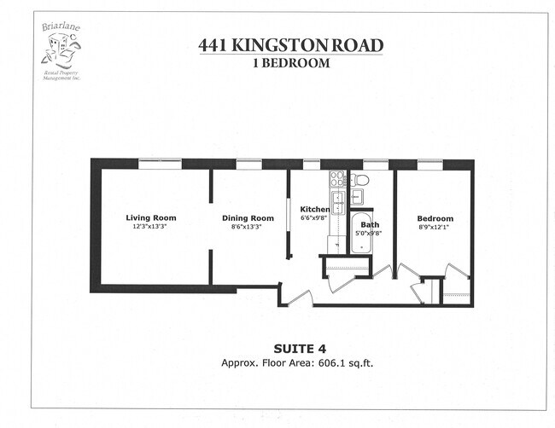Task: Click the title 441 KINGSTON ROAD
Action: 290,45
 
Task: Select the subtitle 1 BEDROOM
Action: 290,62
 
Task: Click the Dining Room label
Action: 248,217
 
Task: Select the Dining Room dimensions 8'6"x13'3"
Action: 248,227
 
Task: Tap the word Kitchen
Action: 314,209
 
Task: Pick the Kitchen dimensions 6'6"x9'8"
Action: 314,218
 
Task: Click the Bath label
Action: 370,223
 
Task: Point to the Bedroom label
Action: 435,218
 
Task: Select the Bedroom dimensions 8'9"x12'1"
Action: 435,227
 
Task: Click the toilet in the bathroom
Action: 359,180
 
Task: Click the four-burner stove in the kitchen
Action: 337,179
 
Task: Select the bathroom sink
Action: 358,198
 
